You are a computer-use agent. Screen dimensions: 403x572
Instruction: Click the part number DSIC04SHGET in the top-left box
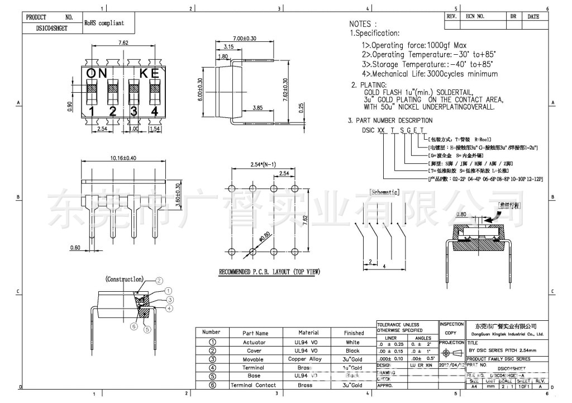pyautogui.click(x=51, y=27)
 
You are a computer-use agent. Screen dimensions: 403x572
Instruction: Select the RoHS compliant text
pyautogui.click(x=104, y=23)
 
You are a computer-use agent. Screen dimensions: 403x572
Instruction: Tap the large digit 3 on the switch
pyautogui.click(x=134, y=111)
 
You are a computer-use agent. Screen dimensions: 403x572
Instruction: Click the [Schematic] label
pyautogui.click(x=384, y=192)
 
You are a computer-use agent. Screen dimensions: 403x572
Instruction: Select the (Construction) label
pyautogui.click(x=125, y=279)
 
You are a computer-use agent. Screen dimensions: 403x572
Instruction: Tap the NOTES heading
pyautogui.click(x=363, y=24)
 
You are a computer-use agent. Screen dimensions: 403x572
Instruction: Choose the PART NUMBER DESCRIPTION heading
pyautogui.click(x=390, y=120)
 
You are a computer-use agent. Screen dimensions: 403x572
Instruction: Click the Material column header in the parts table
pyautogui.click(x=308, y=333)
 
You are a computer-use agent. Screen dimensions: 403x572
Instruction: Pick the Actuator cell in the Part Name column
pyautogui.click(x=254, y=342)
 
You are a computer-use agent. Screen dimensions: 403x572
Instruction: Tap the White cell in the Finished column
pyautogui.click(x=353, y=342)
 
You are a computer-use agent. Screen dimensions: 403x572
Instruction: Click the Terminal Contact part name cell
pyautogui.click(x=254, y=385)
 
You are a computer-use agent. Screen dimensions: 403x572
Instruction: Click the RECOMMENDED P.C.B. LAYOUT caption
pyautogui.click(x=269, y=272)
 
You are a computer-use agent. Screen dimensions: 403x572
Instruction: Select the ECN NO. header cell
pyautogui.click(x=475, y=16)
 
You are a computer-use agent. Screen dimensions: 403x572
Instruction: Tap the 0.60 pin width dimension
pyautogui.click(x=75, y=247)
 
